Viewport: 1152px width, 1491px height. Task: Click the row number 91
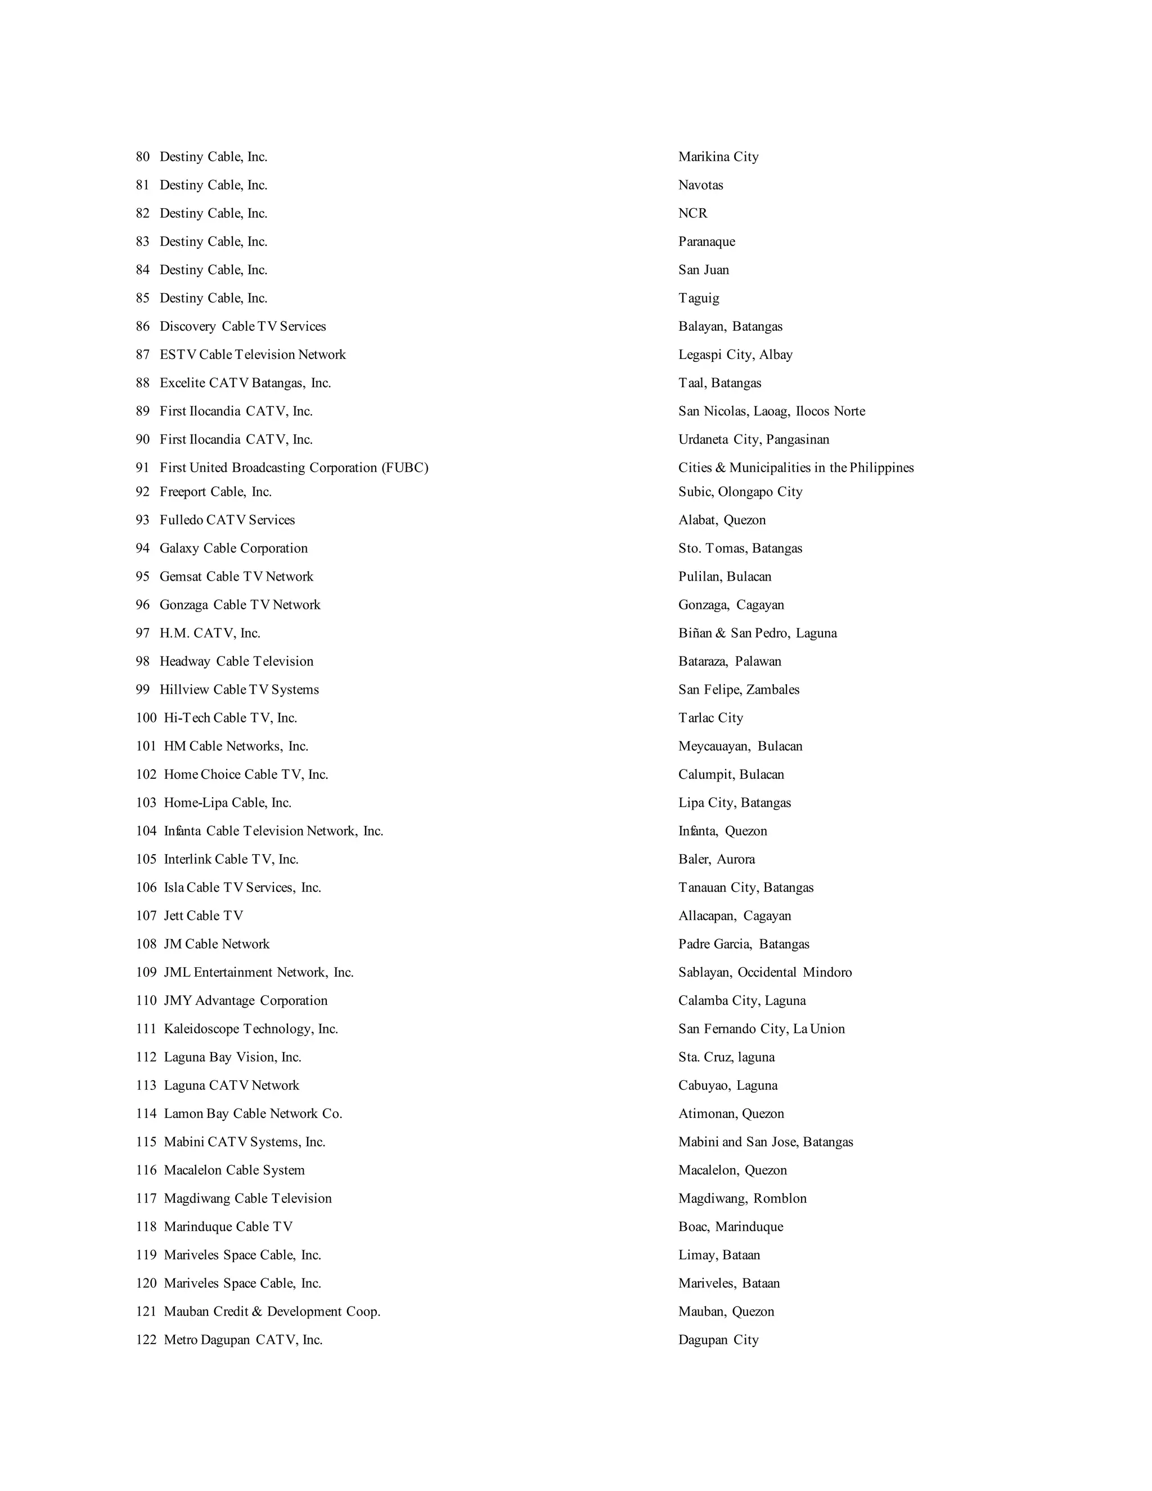(142, 468)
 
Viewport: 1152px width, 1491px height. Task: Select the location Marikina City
(718, 157)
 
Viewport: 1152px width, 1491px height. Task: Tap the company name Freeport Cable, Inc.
(215, 492)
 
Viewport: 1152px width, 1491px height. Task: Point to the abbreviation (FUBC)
(406, 468)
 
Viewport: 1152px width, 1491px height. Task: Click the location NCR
(692, 213)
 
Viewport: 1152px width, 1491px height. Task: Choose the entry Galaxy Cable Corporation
(233, 548)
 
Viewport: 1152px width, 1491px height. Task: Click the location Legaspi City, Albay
(735, 354)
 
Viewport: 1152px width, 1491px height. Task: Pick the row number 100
(146, 717)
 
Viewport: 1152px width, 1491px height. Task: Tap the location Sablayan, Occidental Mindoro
(764, 972)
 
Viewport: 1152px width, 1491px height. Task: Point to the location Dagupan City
(718, 1340)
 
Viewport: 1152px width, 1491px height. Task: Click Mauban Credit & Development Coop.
(272, 1311)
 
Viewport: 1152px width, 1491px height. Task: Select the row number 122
(146, 1340)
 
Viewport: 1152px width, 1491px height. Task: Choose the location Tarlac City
(710, 717)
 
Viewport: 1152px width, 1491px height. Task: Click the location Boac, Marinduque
(730, 1226)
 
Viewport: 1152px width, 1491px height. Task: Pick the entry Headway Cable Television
(236, 661)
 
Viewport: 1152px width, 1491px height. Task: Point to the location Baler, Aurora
(716, 859)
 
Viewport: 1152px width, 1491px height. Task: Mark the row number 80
(142, 157)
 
